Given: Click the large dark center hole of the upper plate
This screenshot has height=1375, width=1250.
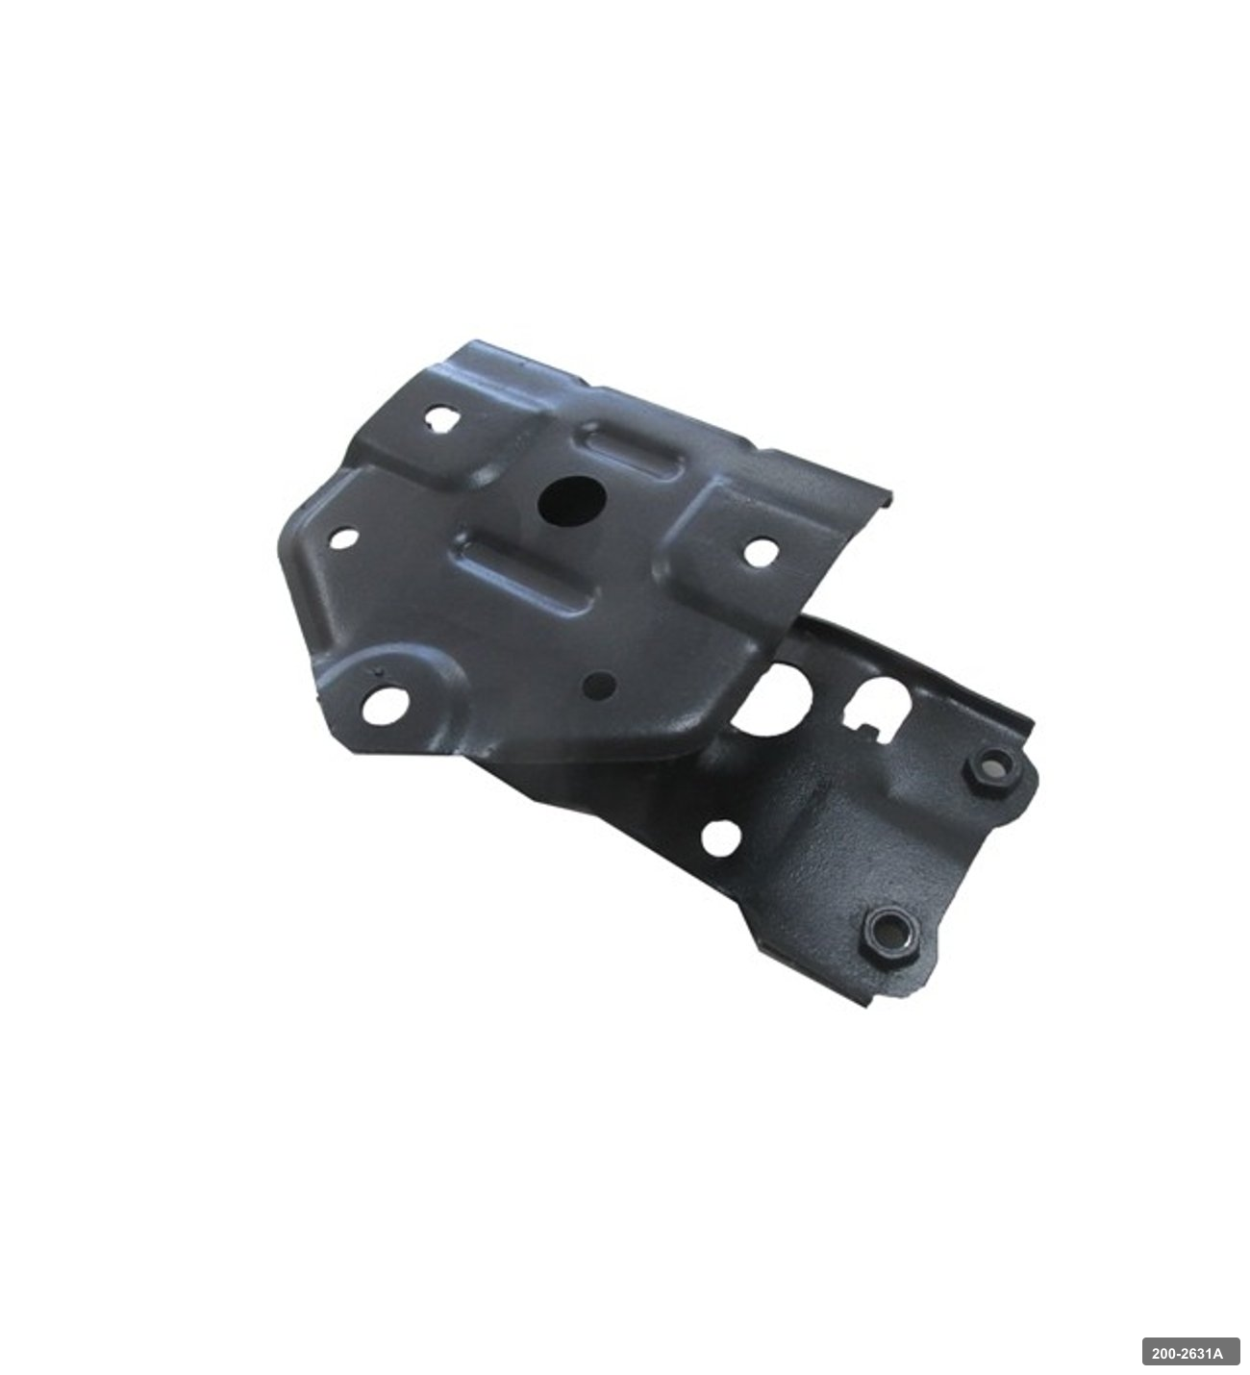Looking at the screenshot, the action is point(571,500).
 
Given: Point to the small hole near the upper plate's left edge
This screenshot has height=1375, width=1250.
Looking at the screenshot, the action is point(344,538).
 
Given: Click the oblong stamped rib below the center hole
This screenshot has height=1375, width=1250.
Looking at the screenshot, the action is point(527,577).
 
